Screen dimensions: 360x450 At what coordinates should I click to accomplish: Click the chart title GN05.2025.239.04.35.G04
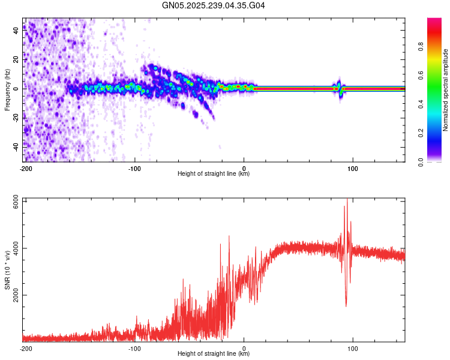(x=214, y=5)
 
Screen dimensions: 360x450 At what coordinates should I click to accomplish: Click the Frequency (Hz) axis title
(x=7, y=89)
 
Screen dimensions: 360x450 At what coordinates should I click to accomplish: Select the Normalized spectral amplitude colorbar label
(x=446, y=89)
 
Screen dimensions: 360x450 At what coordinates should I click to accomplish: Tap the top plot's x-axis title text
(x=214, y=174)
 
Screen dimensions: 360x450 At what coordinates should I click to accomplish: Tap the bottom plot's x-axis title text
(x=214, y=354)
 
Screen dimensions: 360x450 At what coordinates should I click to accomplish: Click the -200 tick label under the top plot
(x=25, y=168)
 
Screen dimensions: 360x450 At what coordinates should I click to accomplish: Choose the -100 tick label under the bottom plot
(x=134, y=348)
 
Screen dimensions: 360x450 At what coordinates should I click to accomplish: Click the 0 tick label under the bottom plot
(x=244, y=348)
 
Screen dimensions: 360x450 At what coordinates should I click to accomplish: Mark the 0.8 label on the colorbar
(x=421, y=47)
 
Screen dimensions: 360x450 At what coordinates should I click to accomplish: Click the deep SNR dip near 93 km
(x=346, y=305)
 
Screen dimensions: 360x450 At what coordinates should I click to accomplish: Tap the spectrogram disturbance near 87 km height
(x=339, y=89)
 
